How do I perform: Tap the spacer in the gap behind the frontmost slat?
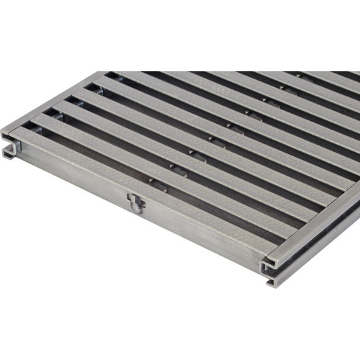153,182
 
